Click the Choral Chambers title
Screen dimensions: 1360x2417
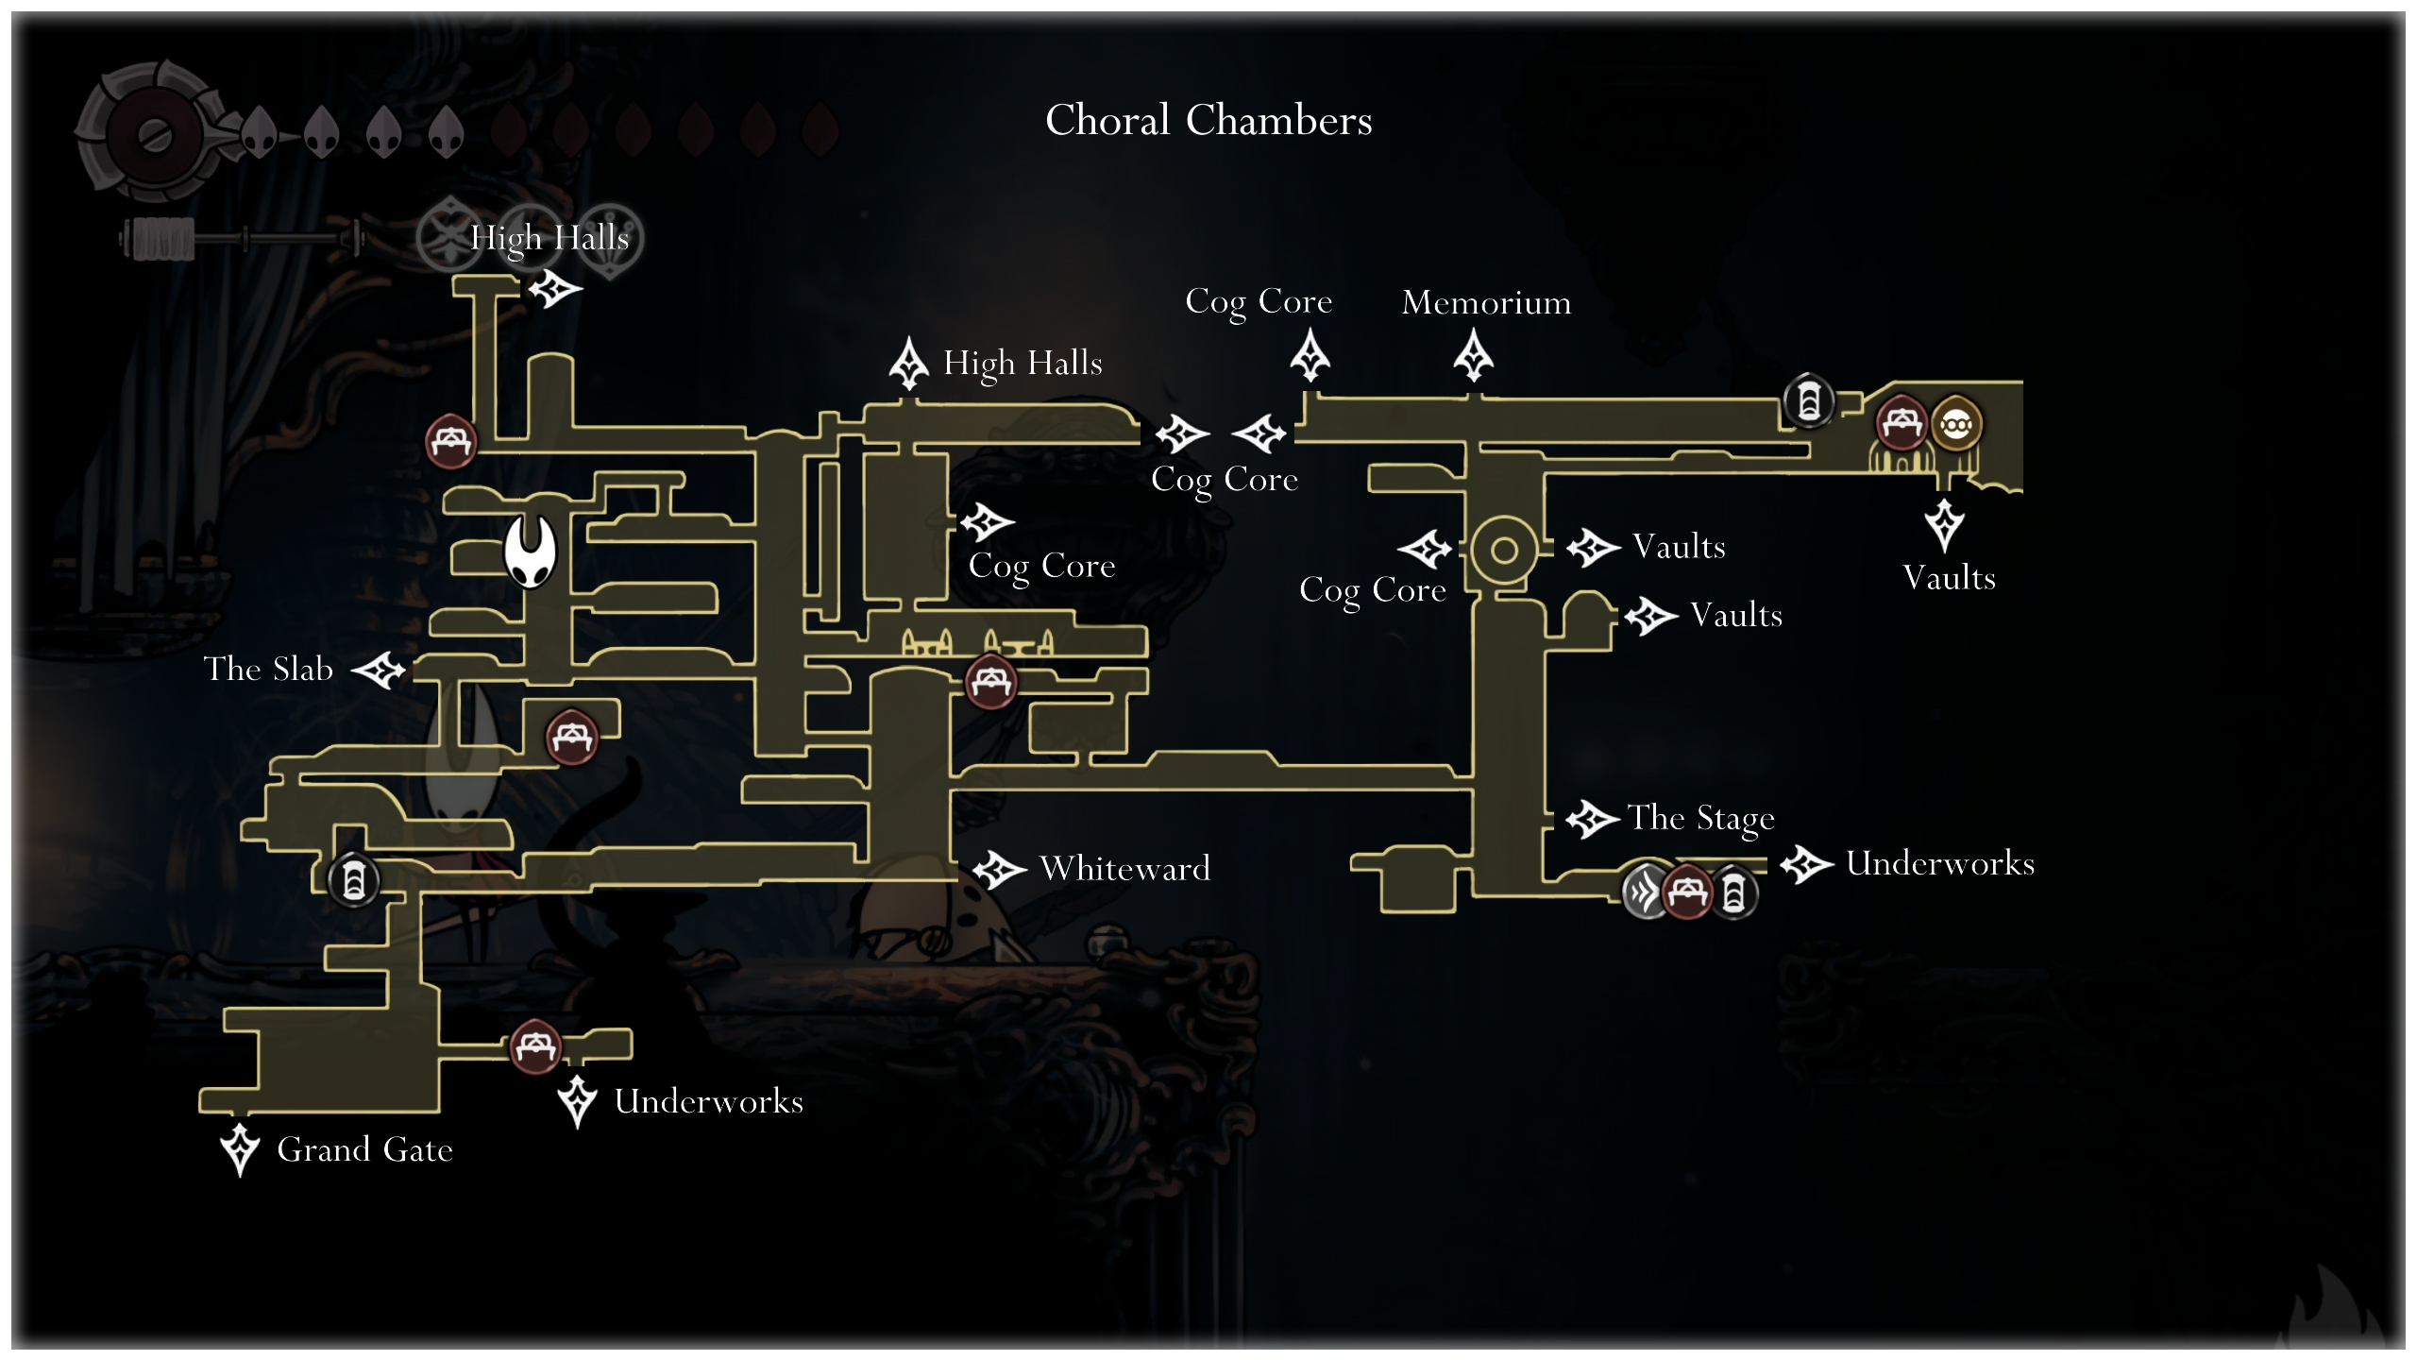click(1208, 120)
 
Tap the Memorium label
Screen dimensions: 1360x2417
click(1486, 302)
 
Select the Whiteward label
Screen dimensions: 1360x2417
click(1124, 868)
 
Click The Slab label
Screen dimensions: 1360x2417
click(268, 669)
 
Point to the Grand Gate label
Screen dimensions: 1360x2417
click(364, 1149)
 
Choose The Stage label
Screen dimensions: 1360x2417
click(1700, 818)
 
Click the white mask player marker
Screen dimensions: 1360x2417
click(530, 552)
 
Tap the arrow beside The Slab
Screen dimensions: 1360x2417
click(380, 671)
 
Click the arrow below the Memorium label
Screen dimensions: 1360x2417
click(1473, 356)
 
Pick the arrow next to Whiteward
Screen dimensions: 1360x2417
click(999, 869)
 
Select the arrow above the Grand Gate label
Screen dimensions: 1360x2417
click(240, 1147)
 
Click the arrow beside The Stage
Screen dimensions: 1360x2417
click(1592, 819)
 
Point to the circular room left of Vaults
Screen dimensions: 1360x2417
click(1504, 550)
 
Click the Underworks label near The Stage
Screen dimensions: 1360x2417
click(1939, 863)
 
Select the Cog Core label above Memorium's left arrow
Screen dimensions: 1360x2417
click(1259, 302)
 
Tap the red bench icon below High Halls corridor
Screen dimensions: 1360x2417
click(450, 441)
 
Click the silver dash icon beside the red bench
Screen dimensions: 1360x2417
click(1644, 891)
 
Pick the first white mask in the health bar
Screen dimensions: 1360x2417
click(259, 131)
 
